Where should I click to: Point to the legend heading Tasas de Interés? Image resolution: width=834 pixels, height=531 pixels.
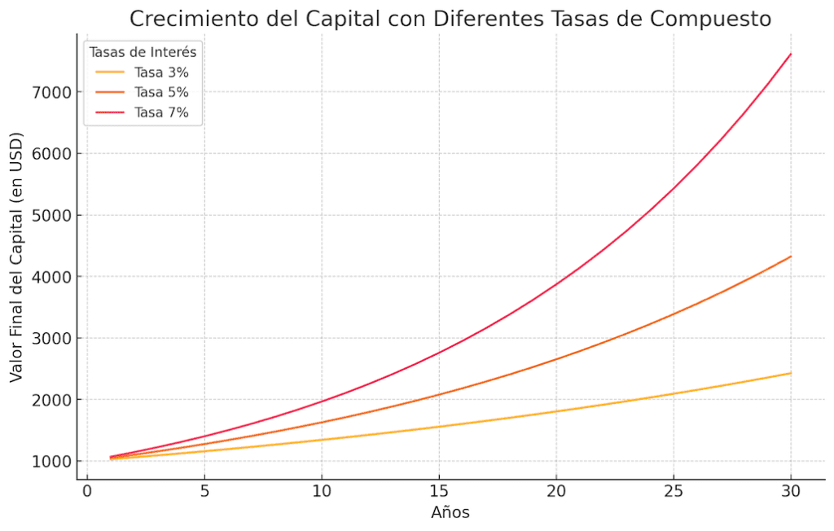point(143,52)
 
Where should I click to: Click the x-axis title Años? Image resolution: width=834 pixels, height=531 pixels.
point(450,513)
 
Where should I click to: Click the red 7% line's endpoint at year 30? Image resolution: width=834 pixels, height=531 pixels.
point(791,55)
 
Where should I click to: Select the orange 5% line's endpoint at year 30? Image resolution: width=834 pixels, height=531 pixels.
point(791,257)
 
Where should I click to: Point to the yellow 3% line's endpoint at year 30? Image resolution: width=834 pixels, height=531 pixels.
point(791,373)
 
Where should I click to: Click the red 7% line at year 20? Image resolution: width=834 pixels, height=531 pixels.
point(556,284)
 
